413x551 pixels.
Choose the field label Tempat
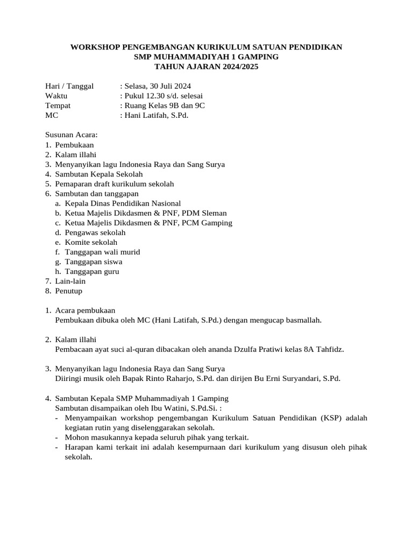58,105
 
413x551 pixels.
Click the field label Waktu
57,96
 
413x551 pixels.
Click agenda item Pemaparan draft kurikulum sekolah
115,183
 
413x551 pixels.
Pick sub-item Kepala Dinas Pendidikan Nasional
123,203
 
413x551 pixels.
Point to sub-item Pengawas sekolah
95,232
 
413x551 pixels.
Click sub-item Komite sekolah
91,242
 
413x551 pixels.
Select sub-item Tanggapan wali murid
102,252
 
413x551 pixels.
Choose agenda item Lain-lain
70,281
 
